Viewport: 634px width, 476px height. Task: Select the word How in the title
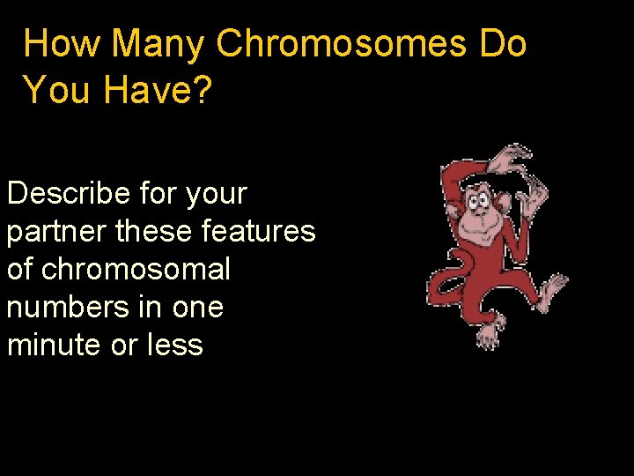63,43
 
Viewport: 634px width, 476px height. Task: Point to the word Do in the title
503,43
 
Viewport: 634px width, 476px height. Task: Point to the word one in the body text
199,308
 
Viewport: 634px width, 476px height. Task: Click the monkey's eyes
478,200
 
